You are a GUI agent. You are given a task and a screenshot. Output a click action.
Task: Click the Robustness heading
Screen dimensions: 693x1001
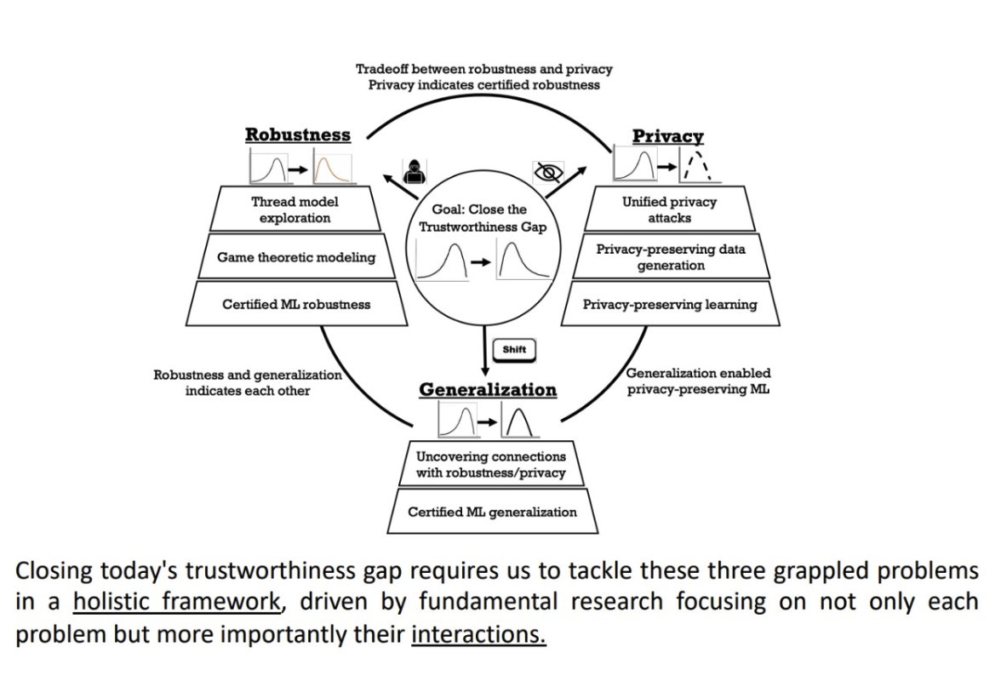click(x=298, y=135)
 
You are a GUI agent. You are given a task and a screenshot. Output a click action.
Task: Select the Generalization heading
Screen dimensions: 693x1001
click(x=488, y=390)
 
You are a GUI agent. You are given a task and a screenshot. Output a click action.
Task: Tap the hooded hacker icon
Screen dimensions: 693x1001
click(x=414, y=169)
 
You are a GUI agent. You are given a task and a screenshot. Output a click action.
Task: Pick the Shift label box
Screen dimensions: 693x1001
click(x=514, y=349)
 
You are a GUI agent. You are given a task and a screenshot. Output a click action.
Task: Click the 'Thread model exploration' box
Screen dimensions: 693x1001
click(x=295, y=209)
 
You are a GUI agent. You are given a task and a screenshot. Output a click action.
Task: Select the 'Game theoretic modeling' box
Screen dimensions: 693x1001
click(x=295, y=257)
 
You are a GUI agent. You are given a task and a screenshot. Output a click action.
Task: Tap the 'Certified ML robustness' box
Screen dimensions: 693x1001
click(x=295, y=304)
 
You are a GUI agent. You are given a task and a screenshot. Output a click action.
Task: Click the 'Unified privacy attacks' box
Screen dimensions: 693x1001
click(x=669, y=209)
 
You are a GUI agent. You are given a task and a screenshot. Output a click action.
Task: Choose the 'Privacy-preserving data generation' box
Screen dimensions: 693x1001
click(x=672, y=257)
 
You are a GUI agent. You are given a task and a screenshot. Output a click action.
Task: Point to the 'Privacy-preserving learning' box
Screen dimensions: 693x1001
click(x=670, y=304)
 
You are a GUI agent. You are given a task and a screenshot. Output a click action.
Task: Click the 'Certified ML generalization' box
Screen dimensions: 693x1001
click(x=492, y=512)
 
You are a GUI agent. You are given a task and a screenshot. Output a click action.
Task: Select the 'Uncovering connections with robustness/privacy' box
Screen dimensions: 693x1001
click(x=490, y=465)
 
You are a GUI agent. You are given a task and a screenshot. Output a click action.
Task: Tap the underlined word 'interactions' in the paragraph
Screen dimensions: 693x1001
click(x=478, y=635)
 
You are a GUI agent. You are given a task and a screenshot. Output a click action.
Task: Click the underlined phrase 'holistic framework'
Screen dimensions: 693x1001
click(x=177, y=602)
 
